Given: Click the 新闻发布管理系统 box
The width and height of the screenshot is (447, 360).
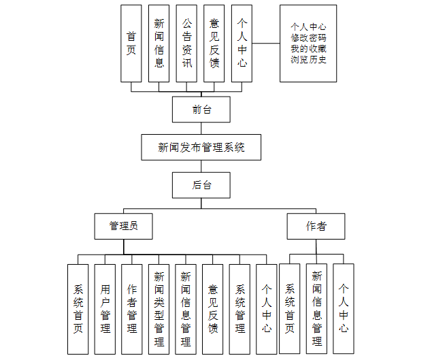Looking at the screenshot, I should (201, 147).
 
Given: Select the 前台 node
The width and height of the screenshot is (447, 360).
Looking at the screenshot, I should (201, 110).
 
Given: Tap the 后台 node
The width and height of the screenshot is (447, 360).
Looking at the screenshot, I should (201, 184).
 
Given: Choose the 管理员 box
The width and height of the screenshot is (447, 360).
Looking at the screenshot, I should (123, 226).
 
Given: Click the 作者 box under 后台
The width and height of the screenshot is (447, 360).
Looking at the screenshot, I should (316, 226).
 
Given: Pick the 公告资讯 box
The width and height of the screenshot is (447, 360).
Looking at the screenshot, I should (187, 44).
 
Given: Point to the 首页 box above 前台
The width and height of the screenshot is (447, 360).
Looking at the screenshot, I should (131, 44).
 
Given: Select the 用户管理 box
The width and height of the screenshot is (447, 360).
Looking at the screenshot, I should (105, 309).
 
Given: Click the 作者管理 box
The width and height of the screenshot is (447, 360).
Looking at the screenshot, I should (132, 309).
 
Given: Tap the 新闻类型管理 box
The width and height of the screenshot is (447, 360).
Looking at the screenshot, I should (159, 309).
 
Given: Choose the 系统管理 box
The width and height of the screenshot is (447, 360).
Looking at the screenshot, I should (239, 309).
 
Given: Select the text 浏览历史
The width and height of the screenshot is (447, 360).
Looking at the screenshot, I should (308, 59).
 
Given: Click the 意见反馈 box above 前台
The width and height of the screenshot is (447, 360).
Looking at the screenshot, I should (214, 44).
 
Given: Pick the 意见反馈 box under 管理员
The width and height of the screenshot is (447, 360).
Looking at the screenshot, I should (213, 309).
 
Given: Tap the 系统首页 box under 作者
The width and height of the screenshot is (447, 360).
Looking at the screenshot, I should (289, 309).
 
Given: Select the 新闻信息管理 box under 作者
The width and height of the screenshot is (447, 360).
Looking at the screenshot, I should (316, 309).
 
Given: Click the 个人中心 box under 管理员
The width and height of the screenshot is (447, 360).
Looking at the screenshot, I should (267, 309).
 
